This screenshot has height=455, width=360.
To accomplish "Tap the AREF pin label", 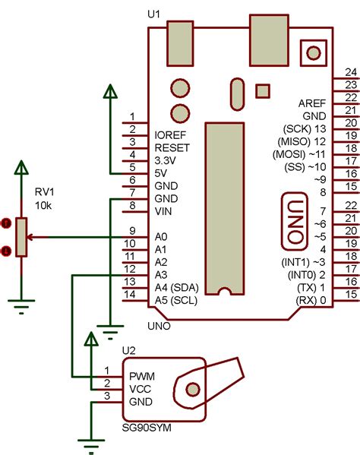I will pyautogui.click(x=311, y=102).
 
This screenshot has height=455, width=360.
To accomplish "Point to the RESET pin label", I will pyautogui.click(x=172, y=147).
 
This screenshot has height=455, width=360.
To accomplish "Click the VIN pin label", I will pyautogui.click(x=163, y=211).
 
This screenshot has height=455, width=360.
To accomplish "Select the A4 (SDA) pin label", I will pyautogui.click(x=176, y=287).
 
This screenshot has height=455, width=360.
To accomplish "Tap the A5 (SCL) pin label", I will pyautogui.click(x=176, y=300).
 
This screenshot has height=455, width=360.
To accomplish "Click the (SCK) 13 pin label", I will pyautogui.click(x=304, y=128).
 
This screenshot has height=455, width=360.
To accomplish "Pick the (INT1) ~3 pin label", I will pyautogui.click(x=304, y=262).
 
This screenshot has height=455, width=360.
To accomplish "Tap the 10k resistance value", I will pyautogui.click(x=43, y=206).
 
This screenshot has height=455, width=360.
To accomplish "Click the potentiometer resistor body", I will pyautogui.click(x=23, y=237).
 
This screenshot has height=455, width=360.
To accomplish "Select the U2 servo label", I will pyautogui.click(x=129, y=350).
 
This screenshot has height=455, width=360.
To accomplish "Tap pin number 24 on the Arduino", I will pyautogui.click(x=351, y=71).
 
